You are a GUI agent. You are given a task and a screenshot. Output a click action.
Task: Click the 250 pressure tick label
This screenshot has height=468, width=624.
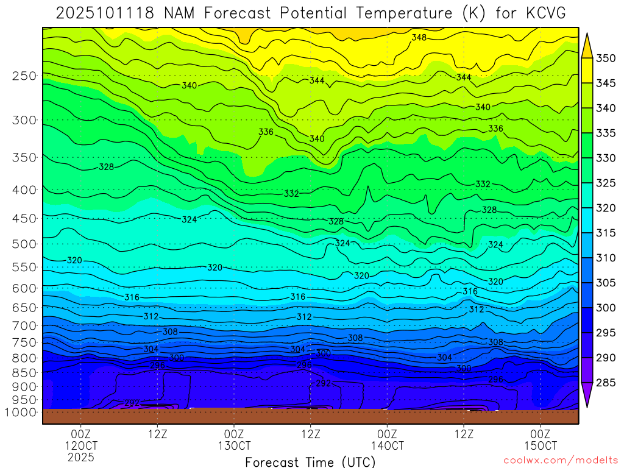coord(24,76)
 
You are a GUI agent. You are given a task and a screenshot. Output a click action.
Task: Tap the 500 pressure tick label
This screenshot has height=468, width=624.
coord(24,244)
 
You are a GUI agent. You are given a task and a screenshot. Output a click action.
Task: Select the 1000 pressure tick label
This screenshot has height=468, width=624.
coord(21,412)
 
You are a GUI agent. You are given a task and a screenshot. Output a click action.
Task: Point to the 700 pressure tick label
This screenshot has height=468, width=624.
coord(24,326)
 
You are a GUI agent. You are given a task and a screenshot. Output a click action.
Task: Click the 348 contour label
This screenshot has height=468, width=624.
coord(419,38)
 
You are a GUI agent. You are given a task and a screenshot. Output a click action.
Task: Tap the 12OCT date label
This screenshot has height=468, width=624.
coord(81,445)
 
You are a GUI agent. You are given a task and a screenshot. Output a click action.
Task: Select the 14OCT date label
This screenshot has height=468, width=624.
coord(387,445)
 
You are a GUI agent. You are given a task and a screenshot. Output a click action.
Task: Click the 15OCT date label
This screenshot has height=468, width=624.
coord(540,445)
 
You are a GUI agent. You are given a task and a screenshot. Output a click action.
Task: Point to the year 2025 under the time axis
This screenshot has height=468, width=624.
coord(81,457)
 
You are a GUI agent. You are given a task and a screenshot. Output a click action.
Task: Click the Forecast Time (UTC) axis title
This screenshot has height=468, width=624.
coord(310,462)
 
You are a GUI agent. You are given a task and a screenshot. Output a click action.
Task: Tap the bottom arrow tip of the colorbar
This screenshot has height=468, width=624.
coord(587,406)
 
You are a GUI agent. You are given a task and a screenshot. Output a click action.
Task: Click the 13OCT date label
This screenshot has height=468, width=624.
coord(234,445)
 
